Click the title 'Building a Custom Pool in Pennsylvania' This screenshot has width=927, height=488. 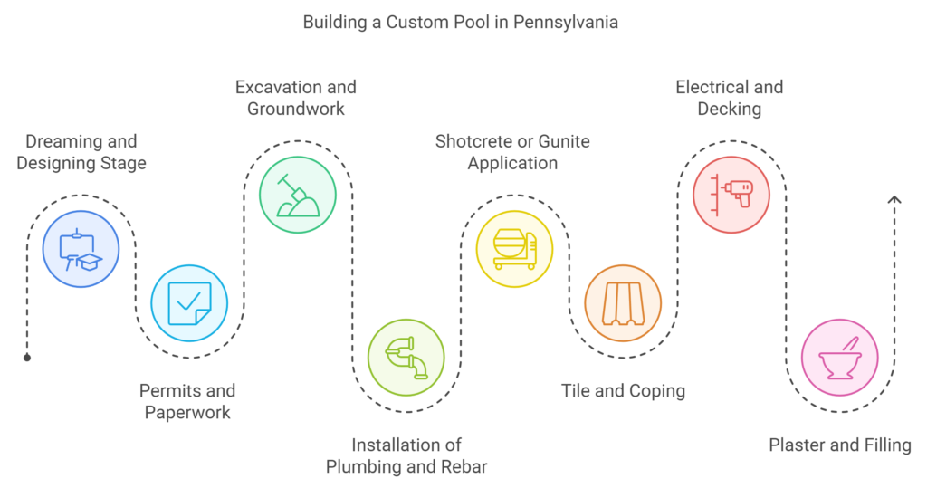tap(461, 23)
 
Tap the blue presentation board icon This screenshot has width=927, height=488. tap(81, 249)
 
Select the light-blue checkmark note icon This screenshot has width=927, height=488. tap(189, 303)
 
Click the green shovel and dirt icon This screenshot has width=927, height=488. tap(298, 195)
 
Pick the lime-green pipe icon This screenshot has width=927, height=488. tap(406, 358)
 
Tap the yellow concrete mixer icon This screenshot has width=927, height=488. tap(514, 249)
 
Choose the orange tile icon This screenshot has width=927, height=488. tap(623, 303)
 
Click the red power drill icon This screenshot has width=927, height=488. tap(731, 195)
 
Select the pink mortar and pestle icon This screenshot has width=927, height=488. tap(839, 358)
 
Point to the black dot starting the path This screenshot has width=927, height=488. tap(27, 358)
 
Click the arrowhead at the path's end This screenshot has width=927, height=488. tap(894, 199)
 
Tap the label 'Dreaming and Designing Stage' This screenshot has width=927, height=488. tap(81, 152)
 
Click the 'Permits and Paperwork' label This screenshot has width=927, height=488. tap(187, 402)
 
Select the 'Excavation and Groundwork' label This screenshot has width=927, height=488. tap(296, 98)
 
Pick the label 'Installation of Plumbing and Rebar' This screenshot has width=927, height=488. tap(406, 455)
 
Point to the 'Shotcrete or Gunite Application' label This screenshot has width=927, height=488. tap(512, 152)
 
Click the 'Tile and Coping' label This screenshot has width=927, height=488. tap(623, 391)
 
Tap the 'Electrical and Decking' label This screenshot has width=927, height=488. tap(730, 98)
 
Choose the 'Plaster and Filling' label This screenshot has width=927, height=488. tap(840, 445)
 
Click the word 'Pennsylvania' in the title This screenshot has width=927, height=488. tap(566, 23)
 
